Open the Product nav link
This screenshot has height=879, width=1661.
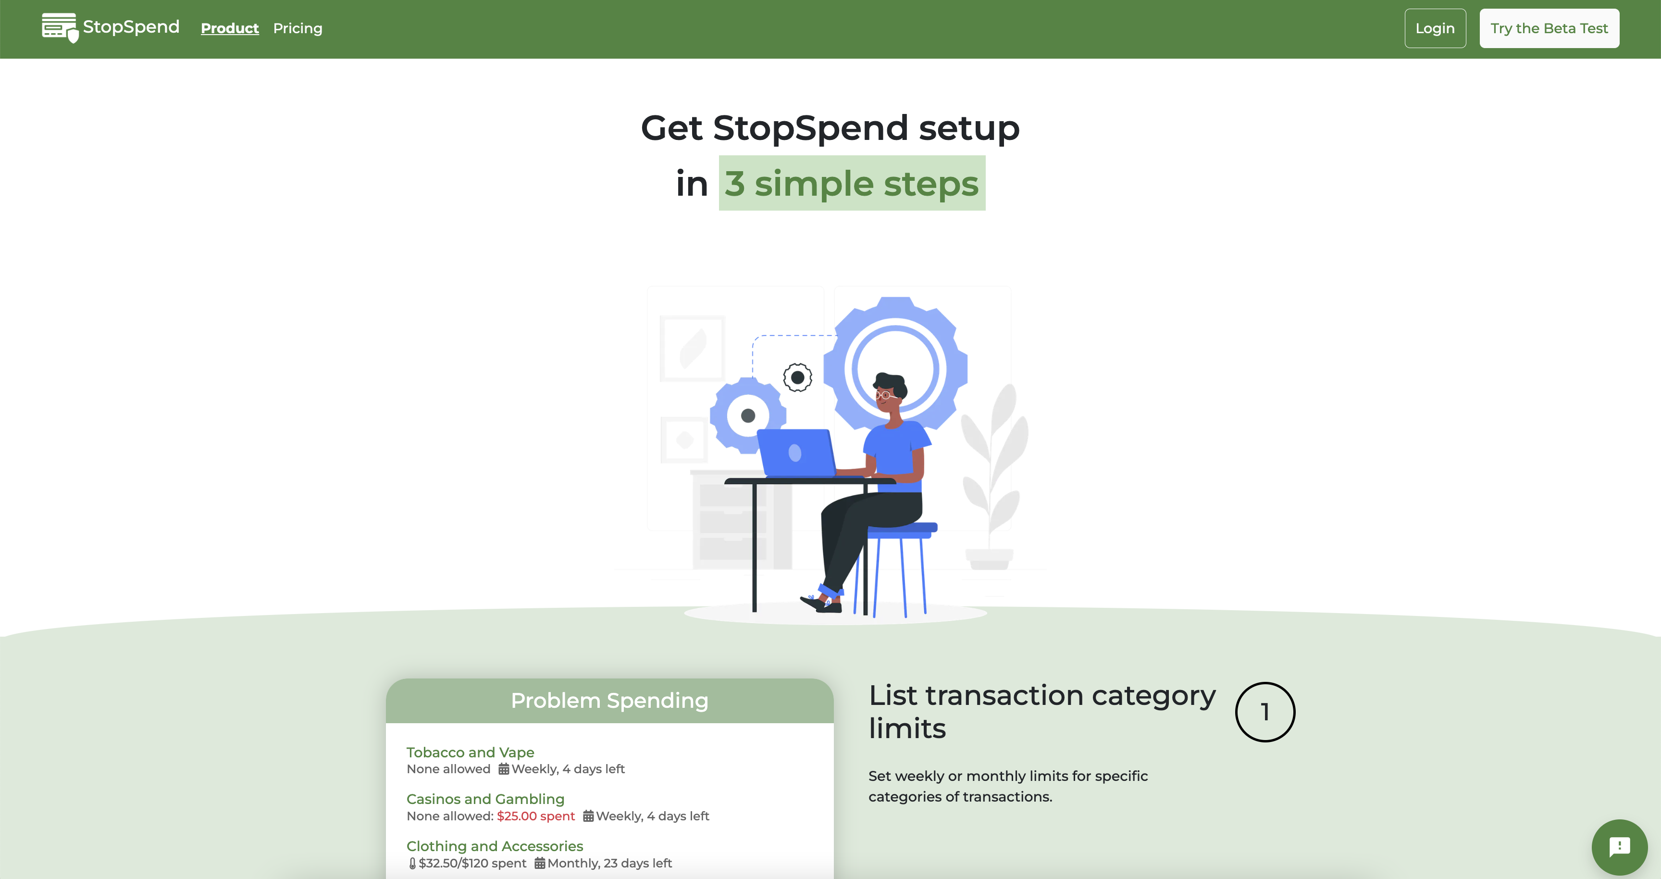pos(230,28)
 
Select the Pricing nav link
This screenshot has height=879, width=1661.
pos(297,28)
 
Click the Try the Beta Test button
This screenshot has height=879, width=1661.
pos(1549,28)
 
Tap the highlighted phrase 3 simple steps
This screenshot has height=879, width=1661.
pos(852,183)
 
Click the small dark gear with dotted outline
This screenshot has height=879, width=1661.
pos(798,377)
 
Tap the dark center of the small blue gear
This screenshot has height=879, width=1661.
pos(748,415)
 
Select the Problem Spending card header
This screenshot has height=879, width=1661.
pos(609,700)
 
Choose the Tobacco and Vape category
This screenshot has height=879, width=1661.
pos(470,752)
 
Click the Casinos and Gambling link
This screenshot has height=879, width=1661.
pos(485,799)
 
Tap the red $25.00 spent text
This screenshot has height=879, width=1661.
pos(536,816)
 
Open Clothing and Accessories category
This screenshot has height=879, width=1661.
pos(495,846)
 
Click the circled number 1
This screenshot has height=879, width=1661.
pos(1265,712)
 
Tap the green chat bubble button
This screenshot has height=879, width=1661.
pos(1619,847)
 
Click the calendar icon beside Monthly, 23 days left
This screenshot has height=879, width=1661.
pos(540,863)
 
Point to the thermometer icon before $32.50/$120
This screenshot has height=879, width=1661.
pos(412,863)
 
